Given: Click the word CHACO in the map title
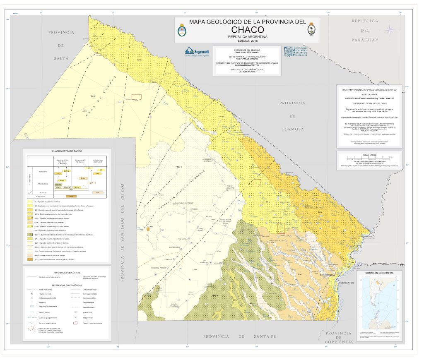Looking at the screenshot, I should [248, 30].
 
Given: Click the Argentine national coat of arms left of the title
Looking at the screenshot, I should [181, 30].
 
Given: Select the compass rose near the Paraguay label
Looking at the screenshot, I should [390, 29].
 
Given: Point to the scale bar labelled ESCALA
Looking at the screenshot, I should [369, 158].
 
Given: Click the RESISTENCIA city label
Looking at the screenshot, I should [328, 275].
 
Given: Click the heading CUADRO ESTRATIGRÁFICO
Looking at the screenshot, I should [67, 151].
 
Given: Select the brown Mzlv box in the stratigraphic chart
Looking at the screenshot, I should [71, 196].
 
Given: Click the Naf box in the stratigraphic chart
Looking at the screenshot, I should [97, 192].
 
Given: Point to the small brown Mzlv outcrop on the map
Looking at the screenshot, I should [148, 228].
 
